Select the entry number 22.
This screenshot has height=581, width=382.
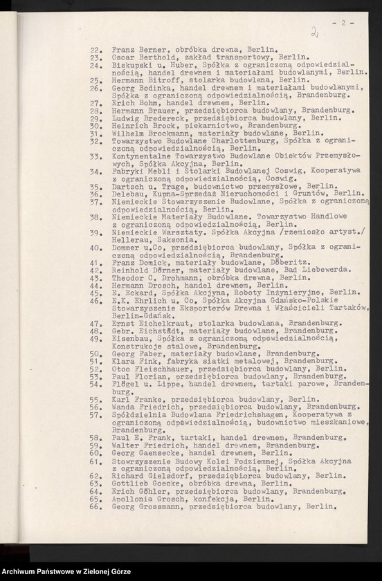(x=95, y=50)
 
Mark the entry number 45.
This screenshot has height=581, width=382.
(x=95, y=293)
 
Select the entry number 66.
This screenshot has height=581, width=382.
(x=95, y=506)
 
